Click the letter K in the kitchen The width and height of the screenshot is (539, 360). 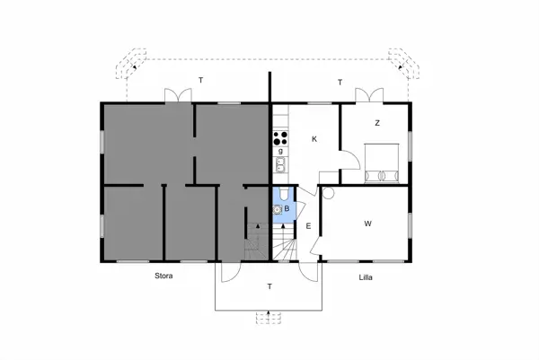coord(314,139)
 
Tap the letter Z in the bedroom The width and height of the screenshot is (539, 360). coord(377,123)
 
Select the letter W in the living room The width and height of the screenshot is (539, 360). coord(368,223)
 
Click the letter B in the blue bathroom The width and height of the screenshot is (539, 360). coord(287,210)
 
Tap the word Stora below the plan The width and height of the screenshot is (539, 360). coord(163,277)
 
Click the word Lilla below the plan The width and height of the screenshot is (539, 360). coord(365,277)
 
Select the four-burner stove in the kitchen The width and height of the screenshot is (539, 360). coord(280,139)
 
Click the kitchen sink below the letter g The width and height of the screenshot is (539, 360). coord(280,164)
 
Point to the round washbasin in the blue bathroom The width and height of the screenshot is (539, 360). coord(278,210)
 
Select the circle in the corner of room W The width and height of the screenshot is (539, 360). coord(327,192)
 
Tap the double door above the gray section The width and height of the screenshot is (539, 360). coord(177,95)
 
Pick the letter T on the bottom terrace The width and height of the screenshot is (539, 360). coord(269,286)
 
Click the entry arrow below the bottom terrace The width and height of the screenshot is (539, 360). coord(269,316)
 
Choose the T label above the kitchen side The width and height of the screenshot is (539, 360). coord(340,83)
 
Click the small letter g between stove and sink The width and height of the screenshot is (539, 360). coord(279,152)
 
